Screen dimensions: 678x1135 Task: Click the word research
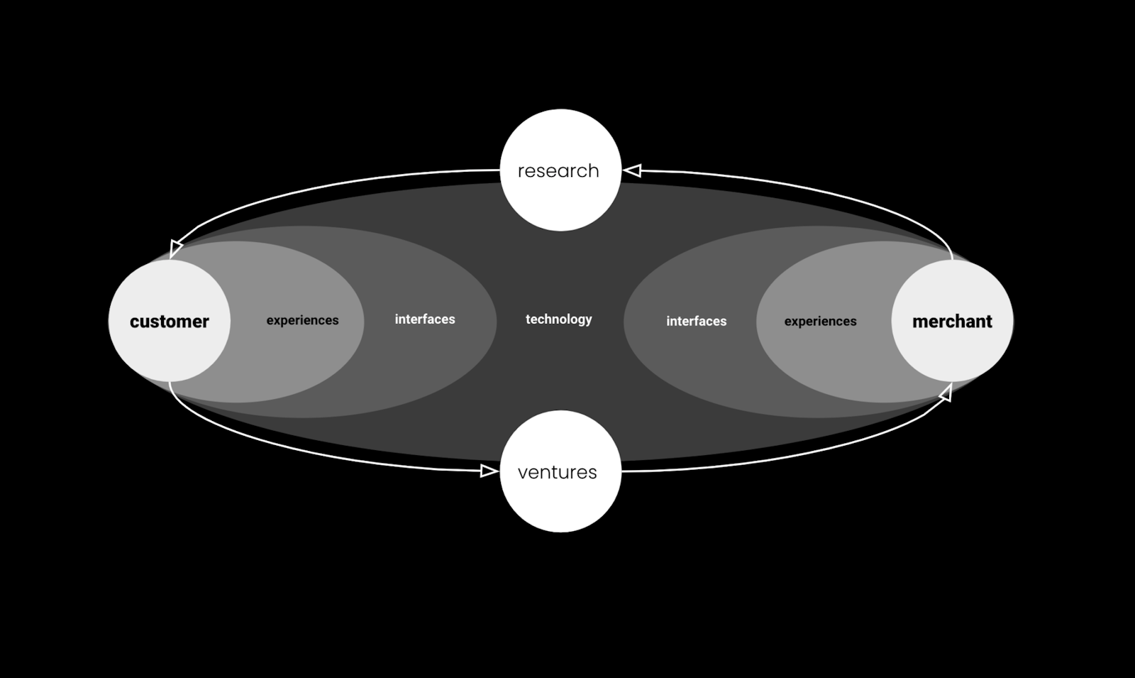coord(558,171)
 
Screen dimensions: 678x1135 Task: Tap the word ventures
coord(558,473)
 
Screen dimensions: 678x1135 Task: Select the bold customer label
coord(169,322)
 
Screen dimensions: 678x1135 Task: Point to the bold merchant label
coord(952,322)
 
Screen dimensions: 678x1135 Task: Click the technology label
coord(559,319)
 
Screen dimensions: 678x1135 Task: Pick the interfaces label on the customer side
coord(425,319)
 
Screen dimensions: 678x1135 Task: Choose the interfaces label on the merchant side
coord(696,322)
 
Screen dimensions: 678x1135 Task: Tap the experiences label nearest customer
coord(302,320)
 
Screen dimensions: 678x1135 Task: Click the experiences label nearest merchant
coord(820,322)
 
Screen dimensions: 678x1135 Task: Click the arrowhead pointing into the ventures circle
coord(489,471)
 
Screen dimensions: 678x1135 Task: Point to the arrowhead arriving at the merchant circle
coord(946,393)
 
